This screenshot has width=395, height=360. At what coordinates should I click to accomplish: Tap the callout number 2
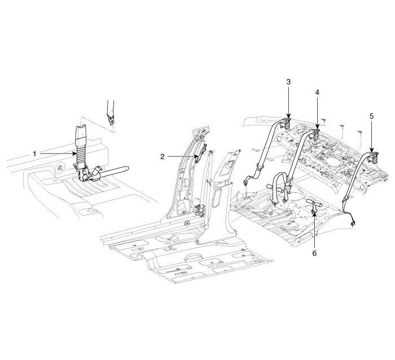[x=162, y=157]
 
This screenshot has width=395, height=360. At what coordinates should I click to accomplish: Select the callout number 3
[x=288, y=82]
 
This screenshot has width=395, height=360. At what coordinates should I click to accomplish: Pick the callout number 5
[x=371, y=116]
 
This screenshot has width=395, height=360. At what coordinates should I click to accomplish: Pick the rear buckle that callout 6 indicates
[x=314, y=204]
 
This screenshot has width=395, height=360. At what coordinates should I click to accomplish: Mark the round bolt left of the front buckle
[x=59, y=167]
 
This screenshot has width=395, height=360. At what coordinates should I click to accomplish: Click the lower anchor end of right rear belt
[x=352, y=224]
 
